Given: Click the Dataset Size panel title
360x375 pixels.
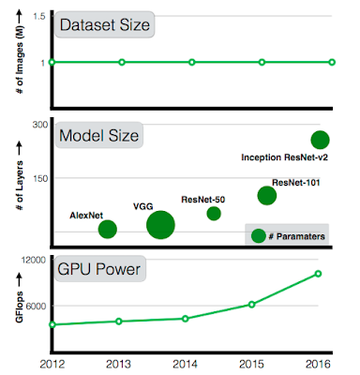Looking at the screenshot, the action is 104,24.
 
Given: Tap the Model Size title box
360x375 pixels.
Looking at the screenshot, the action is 99,135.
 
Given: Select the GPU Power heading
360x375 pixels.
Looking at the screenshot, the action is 99,269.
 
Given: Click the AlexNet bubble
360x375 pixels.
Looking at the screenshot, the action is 108,229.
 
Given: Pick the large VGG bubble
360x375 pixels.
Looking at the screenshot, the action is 160,225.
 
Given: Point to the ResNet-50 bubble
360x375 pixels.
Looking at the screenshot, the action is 214,214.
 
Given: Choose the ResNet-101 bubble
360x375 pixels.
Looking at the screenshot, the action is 267,195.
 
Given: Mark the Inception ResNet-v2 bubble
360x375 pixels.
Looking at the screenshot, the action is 320,140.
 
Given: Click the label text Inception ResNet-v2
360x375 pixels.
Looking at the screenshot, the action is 284,157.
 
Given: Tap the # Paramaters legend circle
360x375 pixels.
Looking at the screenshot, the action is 259,235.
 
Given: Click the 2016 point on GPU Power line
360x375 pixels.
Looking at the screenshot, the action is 318,274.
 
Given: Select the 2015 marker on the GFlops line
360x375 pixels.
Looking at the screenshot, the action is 251,304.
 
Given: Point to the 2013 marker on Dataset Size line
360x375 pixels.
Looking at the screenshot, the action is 122,62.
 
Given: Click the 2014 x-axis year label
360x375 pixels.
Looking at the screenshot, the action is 185,364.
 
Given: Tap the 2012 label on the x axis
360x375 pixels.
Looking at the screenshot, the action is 52,364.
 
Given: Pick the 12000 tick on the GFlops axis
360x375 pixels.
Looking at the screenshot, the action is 34,260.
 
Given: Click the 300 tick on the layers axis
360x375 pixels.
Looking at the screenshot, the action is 40,125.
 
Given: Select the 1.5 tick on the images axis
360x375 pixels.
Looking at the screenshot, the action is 39,16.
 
